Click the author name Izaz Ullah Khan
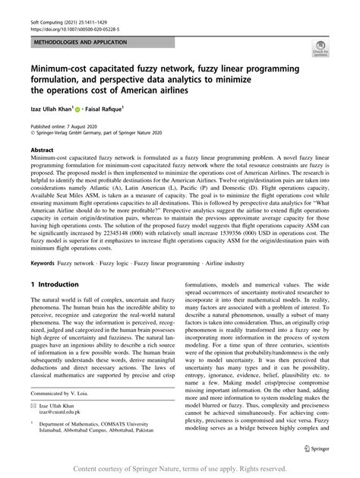point(55,109)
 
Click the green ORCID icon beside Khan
point(90,109)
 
